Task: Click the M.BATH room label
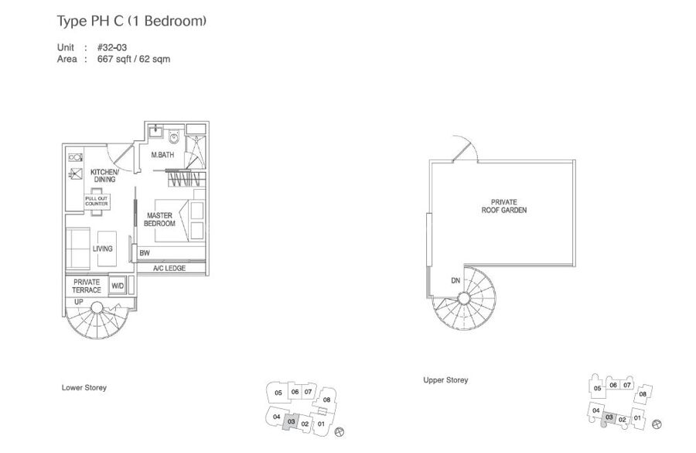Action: tap(162, 155)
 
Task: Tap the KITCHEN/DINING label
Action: tap(104, 176)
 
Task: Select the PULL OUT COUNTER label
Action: tap(97, 201)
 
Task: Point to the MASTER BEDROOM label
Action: tap(159, 220)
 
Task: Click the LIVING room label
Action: tap(103, 249)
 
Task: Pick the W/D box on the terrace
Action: tap(118, 286)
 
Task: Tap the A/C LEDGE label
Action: tap(169, 269)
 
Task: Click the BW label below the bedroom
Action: tap(145, 253)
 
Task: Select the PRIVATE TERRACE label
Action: tap(87, 286)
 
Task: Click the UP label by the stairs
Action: tap(79, 302)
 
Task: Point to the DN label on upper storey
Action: tap(455, 280)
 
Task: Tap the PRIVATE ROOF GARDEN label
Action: tap(504, 206)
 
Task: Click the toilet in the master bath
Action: tap(174, 136)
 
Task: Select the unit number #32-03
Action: tap(112, 47)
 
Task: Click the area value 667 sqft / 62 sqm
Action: tap(134, 59)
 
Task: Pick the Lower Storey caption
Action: tap(84, 388)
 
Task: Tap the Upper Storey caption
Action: tap(445, 380)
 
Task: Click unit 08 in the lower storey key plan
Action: tap(326, 400)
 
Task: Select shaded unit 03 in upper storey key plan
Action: tap(609, 417)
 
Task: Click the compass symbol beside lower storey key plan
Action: tap(340, 431)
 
